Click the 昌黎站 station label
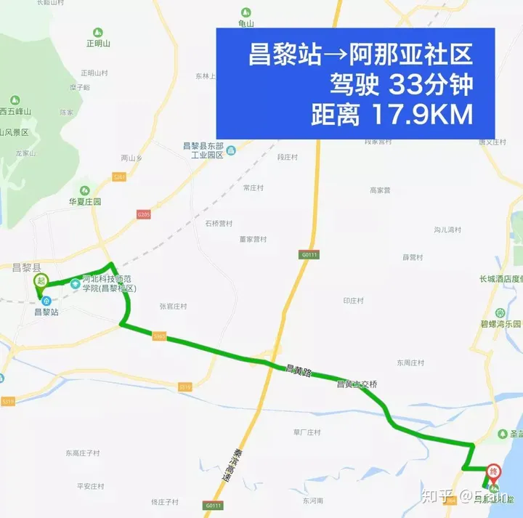[x=46, y=312]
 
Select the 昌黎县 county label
[x=27, y=267]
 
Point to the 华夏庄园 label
[x=84, y=201]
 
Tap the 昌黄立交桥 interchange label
[x=357, y=384]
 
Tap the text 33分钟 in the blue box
[x=431, y=85]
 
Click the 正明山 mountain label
[x=97, y=43]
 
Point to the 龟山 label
[x=246, y=23]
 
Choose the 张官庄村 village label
[x=174, y=307]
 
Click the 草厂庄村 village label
[x=307, y=432]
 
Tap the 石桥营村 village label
[x=219, y=223]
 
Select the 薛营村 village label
[x=413, y=257]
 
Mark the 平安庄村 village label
[x=91, y=486]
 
